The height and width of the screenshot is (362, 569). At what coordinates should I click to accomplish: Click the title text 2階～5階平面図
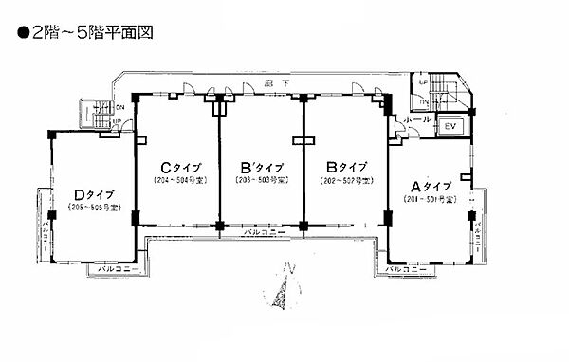92,32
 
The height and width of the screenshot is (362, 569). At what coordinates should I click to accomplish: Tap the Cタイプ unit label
179,163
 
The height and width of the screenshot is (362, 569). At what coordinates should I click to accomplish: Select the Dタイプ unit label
93,195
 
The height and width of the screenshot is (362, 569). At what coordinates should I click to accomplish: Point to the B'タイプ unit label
260,163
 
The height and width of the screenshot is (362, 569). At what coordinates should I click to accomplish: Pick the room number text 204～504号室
179,180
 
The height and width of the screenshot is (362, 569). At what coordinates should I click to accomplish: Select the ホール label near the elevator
417,121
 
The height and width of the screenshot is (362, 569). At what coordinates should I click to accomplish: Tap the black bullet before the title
23,32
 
